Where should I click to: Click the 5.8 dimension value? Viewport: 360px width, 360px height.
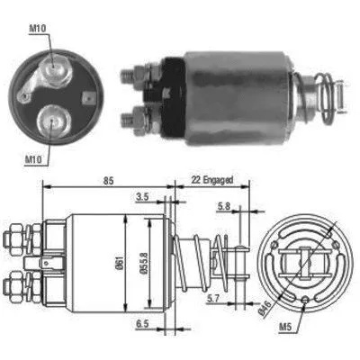(x=222, y=208)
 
